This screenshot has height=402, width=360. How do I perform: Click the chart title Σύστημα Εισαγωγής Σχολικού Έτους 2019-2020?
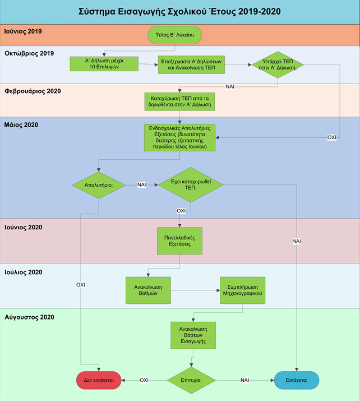point(180,11)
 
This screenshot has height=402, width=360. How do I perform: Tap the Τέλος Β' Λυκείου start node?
point(174,35)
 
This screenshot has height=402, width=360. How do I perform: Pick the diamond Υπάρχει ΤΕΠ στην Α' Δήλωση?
point(278,64)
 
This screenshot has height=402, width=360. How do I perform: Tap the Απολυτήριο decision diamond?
point(99,184)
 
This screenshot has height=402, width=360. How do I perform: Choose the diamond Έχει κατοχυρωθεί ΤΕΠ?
point(191,184)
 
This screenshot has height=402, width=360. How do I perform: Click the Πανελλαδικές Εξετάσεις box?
point(179,242)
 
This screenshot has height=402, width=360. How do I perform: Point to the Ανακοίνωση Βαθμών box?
point(147,290)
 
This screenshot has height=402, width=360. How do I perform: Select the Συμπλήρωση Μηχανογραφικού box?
point(242,290)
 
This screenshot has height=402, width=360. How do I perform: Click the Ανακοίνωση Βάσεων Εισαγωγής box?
point(192,335)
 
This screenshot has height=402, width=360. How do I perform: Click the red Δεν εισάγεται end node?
point(99,380)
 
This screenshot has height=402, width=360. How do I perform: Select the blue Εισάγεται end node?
point(297,380)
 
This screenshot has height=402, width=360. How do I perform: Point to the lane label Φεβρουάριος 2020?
point(33,91)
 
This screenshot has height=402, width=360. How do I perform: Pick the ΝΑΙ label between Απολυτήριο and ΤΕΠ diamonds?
point(142,184)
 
